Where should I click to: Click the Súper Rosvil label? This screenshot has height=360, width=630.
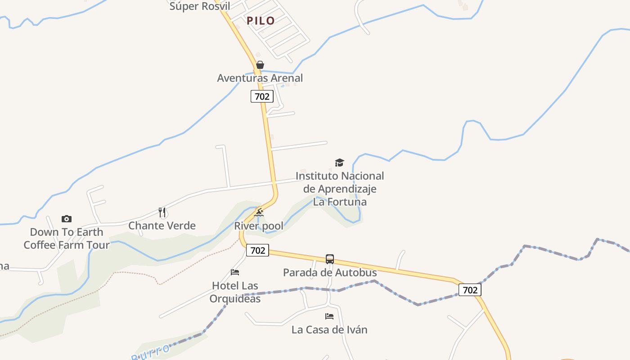tap(200, 6)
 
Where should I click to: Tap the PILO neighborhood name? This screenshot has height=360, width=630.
tap(261, 21)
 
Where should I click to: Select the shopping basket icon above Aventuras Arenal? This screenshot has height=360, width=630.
tap(260, 65)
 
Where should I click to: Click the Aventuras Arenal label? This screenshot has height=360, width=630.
tap(260, 78)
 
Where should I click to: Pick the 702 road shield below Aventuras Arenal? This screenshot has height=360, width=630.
tap(262, 96)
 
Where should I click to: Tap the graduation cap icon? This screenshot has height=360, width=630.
tap(339, 162)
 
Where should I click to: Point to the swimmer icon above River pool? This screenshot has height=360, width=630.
tap(259, 212)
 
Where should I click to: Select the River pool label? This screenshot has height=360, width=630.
tap(259, 226)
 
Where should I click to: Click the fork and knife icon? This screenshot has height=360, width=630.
tap(162, 212)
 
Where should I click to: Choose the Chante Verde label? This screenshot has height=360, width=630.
tap(162, 225)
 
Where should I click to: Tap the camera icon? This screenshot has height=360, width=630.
tap(67, 219)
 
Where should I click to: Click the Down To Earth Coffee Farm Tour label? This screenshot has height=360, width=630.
tap(67, 238)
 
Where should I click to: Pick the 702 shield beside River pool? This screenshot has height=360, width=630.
tap(257, 250)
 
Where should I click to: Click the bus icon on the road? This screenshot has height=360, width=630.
tap(330, 259)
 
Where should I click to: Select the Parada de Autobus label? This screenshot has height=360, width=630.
tap(330, 272)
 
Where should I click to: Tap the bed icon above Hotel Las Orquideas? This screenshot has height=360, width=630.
tap(235, 272)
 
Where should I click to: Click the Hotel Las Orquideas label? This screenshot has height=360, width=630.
tap(235, 292)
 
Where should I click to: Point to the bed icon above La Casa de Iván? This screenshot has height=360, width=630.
tap(329, 316)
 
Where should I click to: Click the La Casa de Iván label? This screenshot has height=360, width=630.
tap(329, 330)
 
